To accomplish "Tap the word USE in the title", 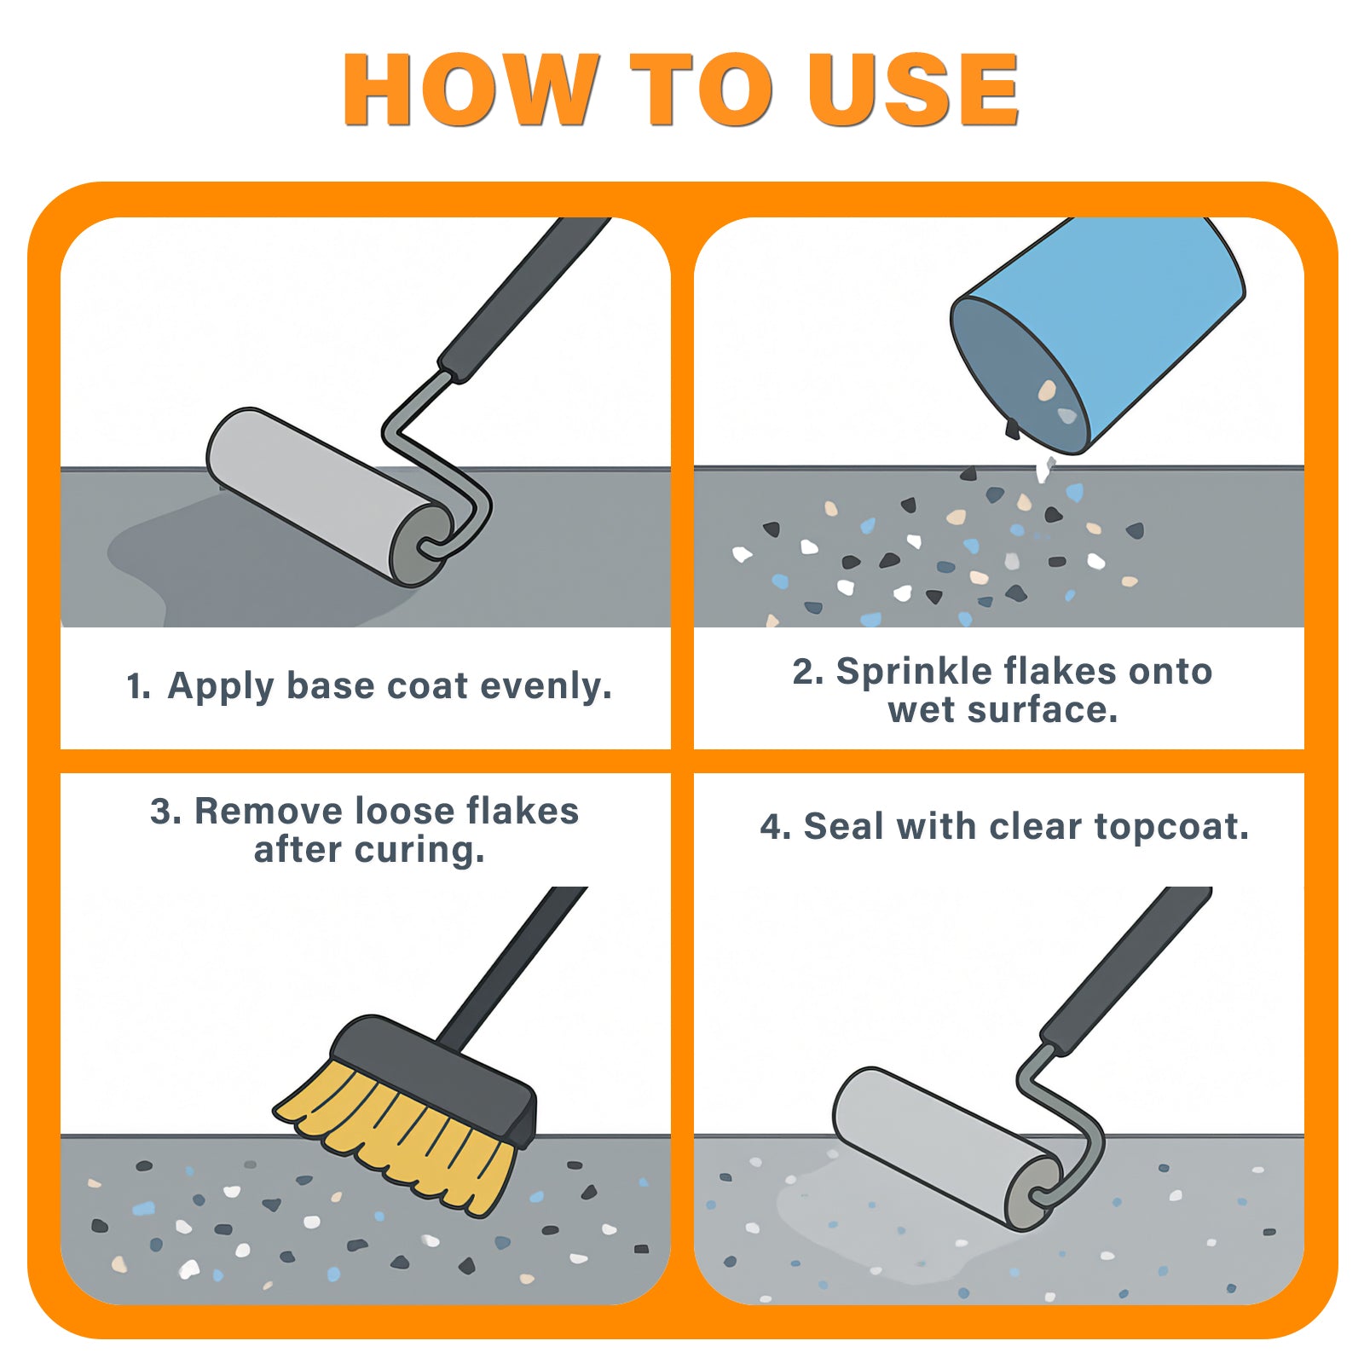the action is (913, 90).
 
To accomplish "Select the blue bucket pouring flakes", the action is (1098, 332).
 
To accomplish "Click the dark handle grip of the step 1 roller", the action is (523, 298).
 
